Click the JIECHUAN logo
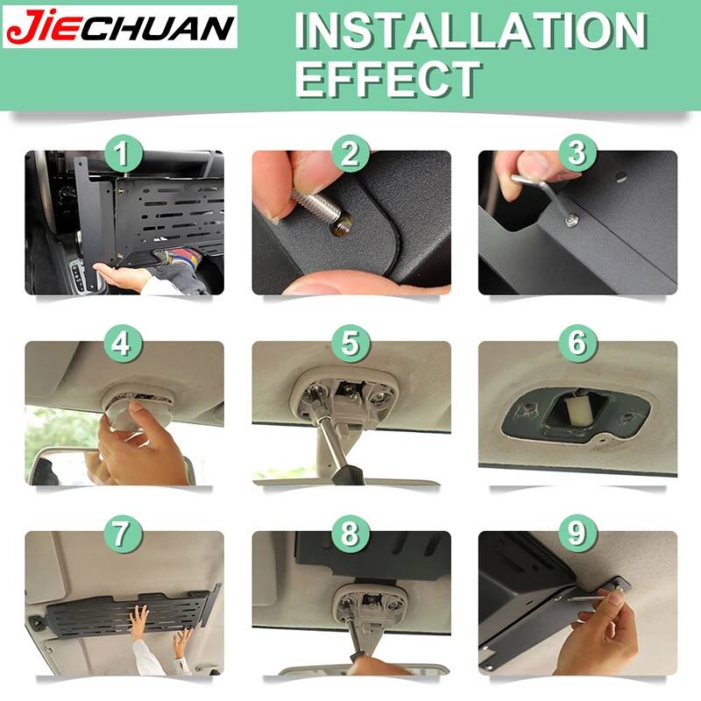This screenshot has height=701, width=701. coord(120,27)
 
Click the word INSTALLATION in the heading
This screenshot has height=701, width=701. coord(471,31)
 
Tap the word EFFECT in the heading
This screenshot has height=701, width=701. coord(388,79)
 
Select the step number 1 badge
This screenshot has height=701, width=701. coord(124,154)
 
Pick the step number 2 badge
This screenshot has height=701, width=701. coord(350,154)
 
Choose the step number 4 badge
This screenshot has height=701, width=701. coord(124,344)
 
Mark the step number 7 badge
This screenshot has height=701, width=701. coord(124,535)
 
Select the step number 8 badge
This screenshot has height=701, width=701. coord(350,535)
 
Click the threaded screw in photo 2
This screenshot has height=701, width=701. coord(318,209)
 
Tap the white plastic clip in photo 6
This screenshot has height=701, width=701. coord(578,410)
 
